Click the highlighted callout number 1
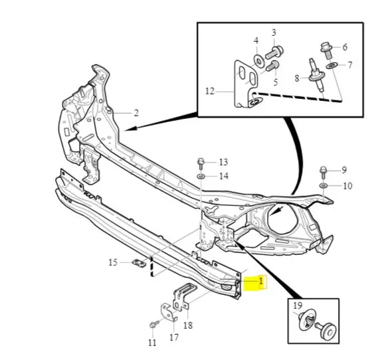click(x=261, y=282)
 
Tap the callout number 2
click(x=136, y=113)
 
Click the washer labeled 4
click(x=259, y=60)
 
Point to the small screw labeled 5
click(x=272, y=66)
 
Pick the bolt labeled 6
click(x=327, y=50)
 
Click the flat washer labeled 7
click(x=331, y=65)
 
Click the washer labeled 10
click(x=324, y=185)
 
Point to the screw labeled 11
click(x=154, y=324)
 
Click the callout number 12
click(x=210, y=91)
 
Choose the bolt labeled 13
click(x=201, y=163)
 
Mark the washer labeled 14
click(x=201, y=177)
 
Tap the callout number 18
click(x=188, y=325)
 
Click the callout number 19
click(x=298, y=306)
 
